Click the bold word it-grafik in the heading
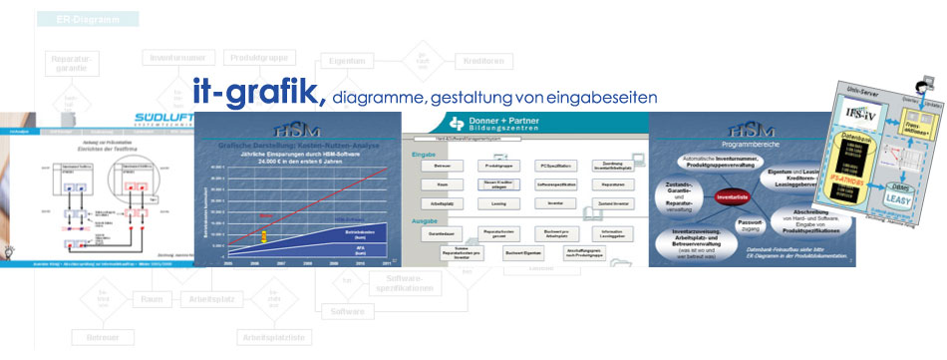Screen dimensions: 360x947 pos(258,92)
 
